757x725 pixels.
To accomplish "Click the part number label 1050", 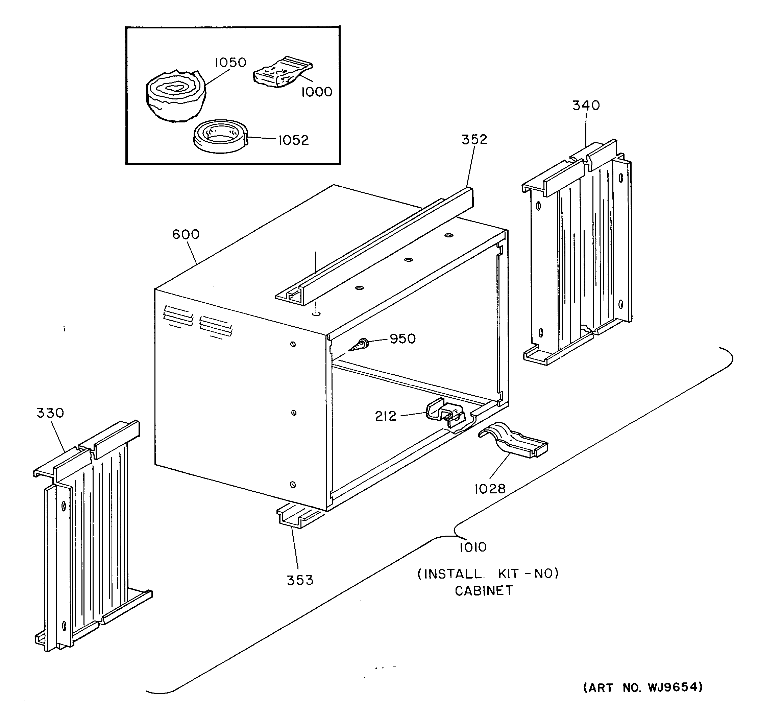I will (230, 63).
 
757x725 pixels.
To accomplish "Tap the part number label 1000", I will (316, 92).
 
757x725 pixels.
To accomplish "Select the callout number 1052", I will (294, 140).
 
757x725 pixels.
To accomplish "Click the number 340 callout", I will (586, 106).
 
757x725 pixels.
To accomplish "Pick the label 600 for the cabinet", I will (186, 235).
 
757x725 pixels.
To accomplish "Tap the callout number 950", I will (402, 339).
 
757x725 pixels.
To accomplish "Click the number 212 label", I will (386, 416).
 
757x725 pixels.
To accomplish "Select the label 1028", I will (490, 489).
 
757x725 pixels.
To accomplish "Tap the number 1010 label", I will (473, 547).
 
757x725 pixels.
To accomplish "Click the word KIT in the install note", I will (509, 574).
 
